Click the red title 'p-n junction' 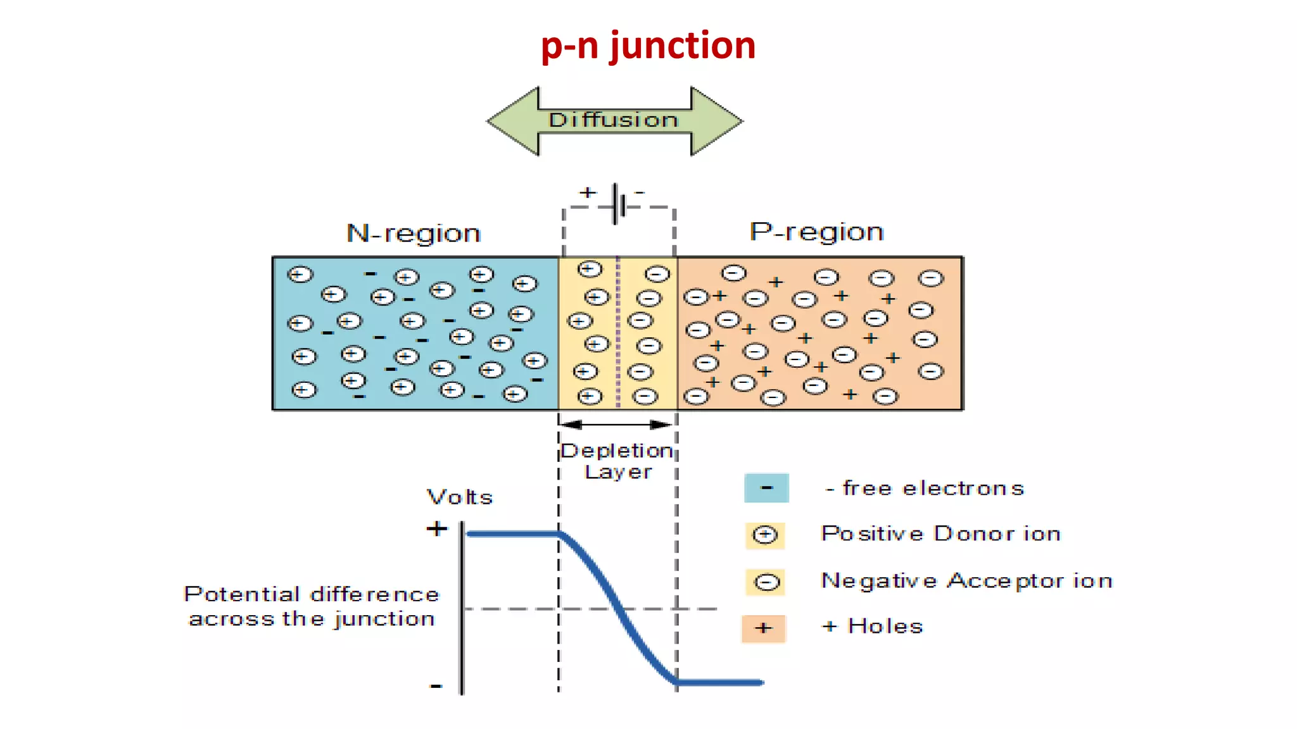pyautogui.click(x=648, y=46)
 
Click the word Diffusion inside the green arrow pyautogui.click(x=613, y=120)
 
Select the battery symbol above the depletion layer pyautogui.click(x=619, y=204)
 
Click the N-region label pyautogui.click(x=414, y=234)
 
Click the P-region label pyautogui.click(x=816, y=232)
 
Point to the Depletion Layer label pyautogui.click(x=617, y=461)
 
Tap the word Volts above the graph pyautogui.click(x=460, y=497)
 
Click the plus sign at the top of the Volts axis pyautogui.click(x=436, y=528)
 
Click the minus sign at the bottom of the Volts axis pyautogui.click(x=436, y=686)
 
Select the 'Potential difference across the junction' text pyautogui.click(x=312, y=606)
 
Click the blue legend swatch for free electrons pyautogui.click(x=766, y=488)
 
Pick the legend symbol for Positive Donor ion pyautogui.click(x=765, y=535)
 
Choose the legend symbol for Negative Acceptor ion pyautogui.click(x=766, y=582)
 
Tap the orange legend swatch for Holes pyautogui.click(x=764, y=628)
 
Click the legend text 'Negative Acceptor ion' pyautogui.click(x=966, y=581)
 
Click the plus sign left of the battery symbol pyautogui.click(x=588, y=192)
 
